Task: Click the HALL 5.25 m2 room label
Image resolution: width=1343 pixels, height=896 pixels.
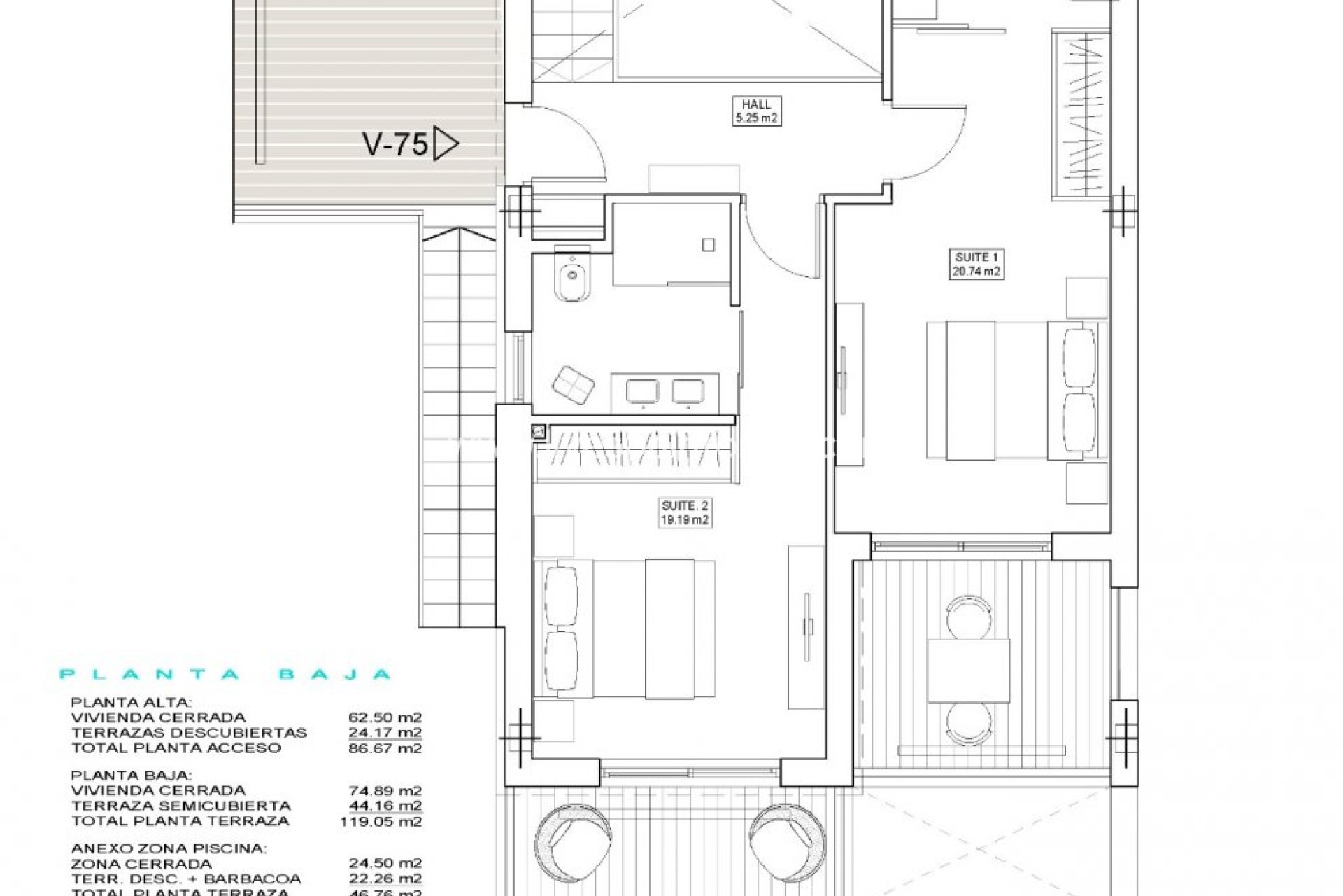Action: coord(756,111)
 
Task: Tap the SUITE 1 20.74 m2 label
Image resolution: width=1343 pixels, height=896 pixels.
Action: coord(976,265)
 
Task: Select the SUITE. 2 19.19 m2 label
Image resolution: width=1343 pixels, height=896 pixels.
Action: coord(685,512)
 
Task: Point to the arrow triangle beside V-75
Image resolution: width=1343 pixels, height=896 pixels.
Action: coord(445,144)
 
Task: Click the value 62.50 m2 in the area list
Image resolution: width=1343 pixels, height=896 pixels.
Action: coord(385,717)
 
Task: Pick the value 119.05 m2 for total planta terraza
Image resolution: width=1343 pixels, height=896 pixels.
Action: coord(381,821)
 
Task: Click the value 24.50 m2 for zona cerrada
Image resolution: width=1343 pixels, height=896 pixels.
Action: coord(385,864)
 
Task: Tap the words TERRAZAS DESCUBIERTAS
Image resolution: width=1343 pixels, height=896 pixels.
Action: coord(189,733)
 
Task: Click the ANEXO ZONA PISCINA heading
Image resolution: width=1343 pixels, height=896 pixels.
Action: coord(169,848)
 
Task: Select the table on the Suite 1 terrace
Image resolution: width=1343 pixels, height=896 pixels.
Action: coord(969,671)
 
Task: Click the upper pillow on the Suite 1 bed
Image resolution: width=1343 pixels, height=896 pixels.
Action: coord(1079,357)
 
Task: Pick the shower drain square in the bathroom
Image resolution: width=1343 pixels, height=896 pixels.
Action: coord(709,245)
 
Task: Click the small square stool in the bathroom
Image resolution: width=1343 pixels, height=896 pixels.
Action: coord(573,386)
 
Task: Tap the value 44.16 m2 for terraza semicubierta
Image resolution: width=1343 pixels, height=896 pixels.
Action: coord(385,806)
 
